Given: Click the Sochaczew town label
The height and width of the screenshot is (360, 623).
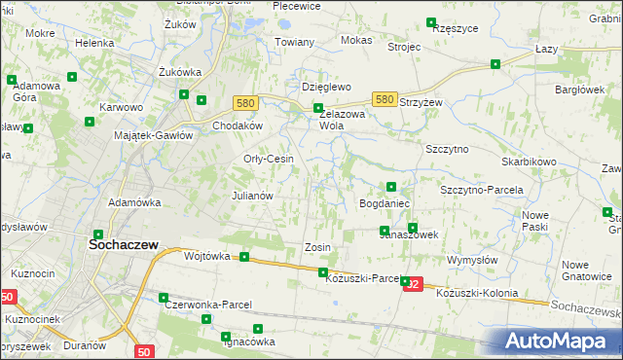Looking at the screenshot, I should coord(125,246).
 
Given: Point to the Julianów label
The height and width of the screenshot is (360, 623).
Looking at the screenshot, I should coord(251,195).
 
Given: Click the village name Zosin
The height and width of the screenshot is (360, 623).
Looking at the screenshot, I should coord(317,247).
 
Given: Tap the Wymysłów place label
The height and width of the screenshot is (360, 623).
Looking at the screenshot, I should coord(472,261).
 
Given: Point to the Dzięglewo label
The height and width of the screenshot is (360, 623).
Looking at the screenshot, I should coord(325,87).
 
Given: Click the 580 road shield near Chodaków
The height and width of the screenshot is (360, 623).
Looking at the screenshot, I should coord(245,102).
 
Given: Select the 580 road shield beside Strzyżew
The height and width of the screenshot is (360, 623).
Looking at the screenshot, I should coord(385,99).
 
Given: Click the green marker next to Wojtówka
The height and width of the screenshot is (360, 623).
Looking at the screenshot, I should coord(244,258).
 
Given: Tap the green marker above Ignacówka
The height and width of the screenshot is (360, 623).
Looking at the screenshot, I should coord(258,330).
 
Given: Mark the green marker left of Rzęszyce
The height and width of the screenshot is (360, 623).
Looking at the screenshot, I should coord(430,21).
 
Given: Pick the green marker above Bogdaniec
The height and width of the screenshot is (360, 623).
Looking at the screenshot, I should coord(390,187).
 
